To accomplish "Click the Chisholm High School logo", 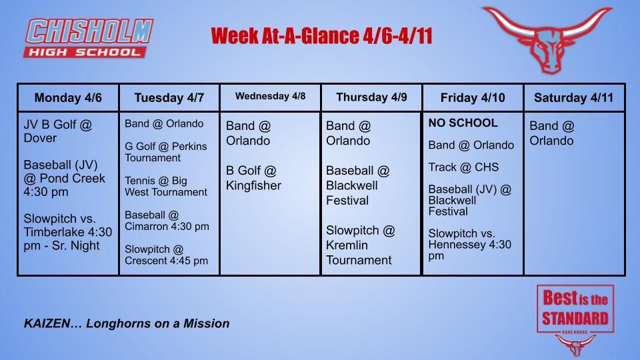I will [89, 38].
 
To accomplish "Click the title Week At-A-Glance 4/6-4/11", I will [321, 36].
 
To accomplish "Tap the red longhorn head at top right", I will [547, 39].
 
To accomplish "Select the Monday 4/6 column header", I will [68, 98].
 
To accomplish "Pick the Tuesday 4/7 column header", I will [169, 98].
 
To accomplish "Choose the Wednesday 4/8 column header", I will [270, 96].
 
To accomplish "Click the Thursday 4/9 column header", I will [371, 97].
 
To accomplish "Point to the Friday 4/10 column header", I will [473, 98].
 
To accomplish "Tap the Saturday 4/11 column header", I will [574, 98].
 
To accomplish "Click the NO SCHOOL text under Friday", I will [463, 123].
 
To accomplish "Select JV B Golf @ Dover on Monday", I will [58, 131].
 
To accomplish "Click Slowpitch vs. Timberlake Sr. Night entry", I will [67, 231].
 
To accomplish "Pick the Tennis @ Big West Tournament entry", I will [165, 186].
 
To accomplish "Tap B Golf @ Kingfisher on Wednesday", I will [253, 178].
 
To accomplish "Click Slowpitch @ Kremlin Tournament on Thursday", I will [360, 245].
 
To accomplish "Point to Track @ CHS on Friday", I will [463, 167].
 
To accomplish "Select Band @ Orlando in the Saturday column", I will [551, 133].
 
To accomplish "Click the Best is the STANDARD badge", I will [575, 308].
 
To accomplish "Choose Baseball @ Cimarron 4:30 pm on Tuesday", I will [166, 221].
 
